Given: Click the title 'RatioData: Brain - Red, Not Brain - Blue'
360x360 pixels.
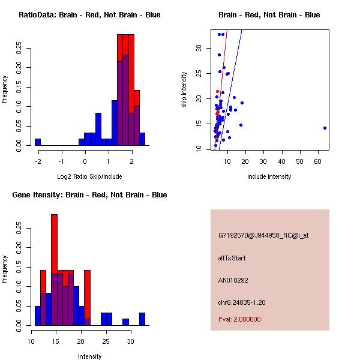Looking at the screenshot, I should [x=89, y=14].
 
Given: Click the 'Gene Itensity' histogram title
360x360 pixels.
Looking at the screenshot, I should [x=89, y=195].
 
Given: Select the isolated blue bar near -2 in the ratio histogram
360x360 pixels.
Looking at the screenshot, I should [x=38, y=142].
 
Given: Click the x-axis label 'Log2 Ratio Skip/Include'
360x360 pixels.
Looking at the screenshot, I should [x=90, y=177].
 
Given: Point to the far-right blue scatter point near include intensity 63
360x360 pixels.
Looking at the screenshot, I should [x=325, y=128].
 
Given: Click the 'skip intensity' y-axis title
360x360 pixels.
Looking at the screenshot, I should [x=184, y=90].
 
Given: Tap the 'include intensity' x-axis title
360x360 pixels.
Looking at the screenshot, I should [x=269, y=177].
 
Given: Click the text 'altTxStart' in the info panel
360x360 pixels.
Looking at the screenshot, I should [x=232, y=259].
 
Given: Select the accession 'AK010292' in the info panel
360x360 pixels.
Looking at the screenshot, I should [x=233, y=280].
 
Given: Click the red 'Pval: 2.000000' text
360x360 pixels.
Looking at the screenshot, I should [x=239, y=319].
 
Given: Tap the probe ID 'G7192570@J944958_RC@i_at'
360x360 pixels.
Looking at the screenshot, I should [x=263, y=236].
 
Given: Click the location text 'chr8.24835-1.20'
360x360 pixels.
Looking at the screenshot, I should [x=242, y=302].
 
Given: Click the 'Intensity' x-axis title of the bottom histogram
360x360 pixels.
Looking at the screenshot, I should [x=90, y=356].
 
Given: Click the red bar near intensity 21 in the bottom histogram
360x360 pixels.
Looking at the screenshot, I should [x=87, y=294].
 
